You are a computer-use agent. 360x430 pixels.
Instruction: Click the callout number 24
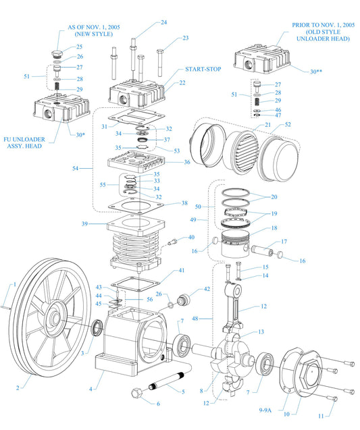(x=163, y=23)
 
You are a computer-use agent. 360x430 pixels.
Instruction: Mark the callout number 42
(x=207, y=290)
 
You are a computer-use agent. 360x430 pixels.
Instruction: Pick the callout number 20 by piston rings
(x=274, y=197)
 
